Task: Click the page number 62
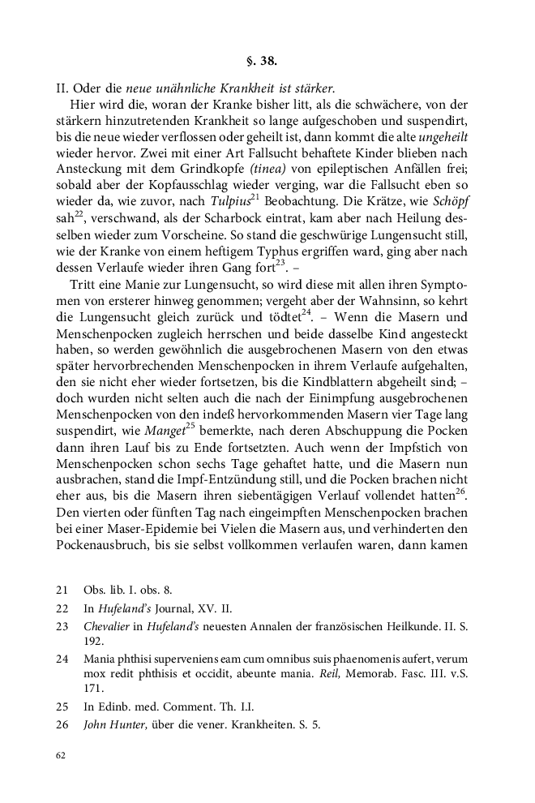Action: pyautogui.click(x=60, y=755)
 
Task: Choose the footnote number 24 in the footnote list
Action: pyautogui.click(x=62, y=659)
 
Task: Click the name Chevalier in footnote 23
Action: pyautogui.click(x=109, y=625)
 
